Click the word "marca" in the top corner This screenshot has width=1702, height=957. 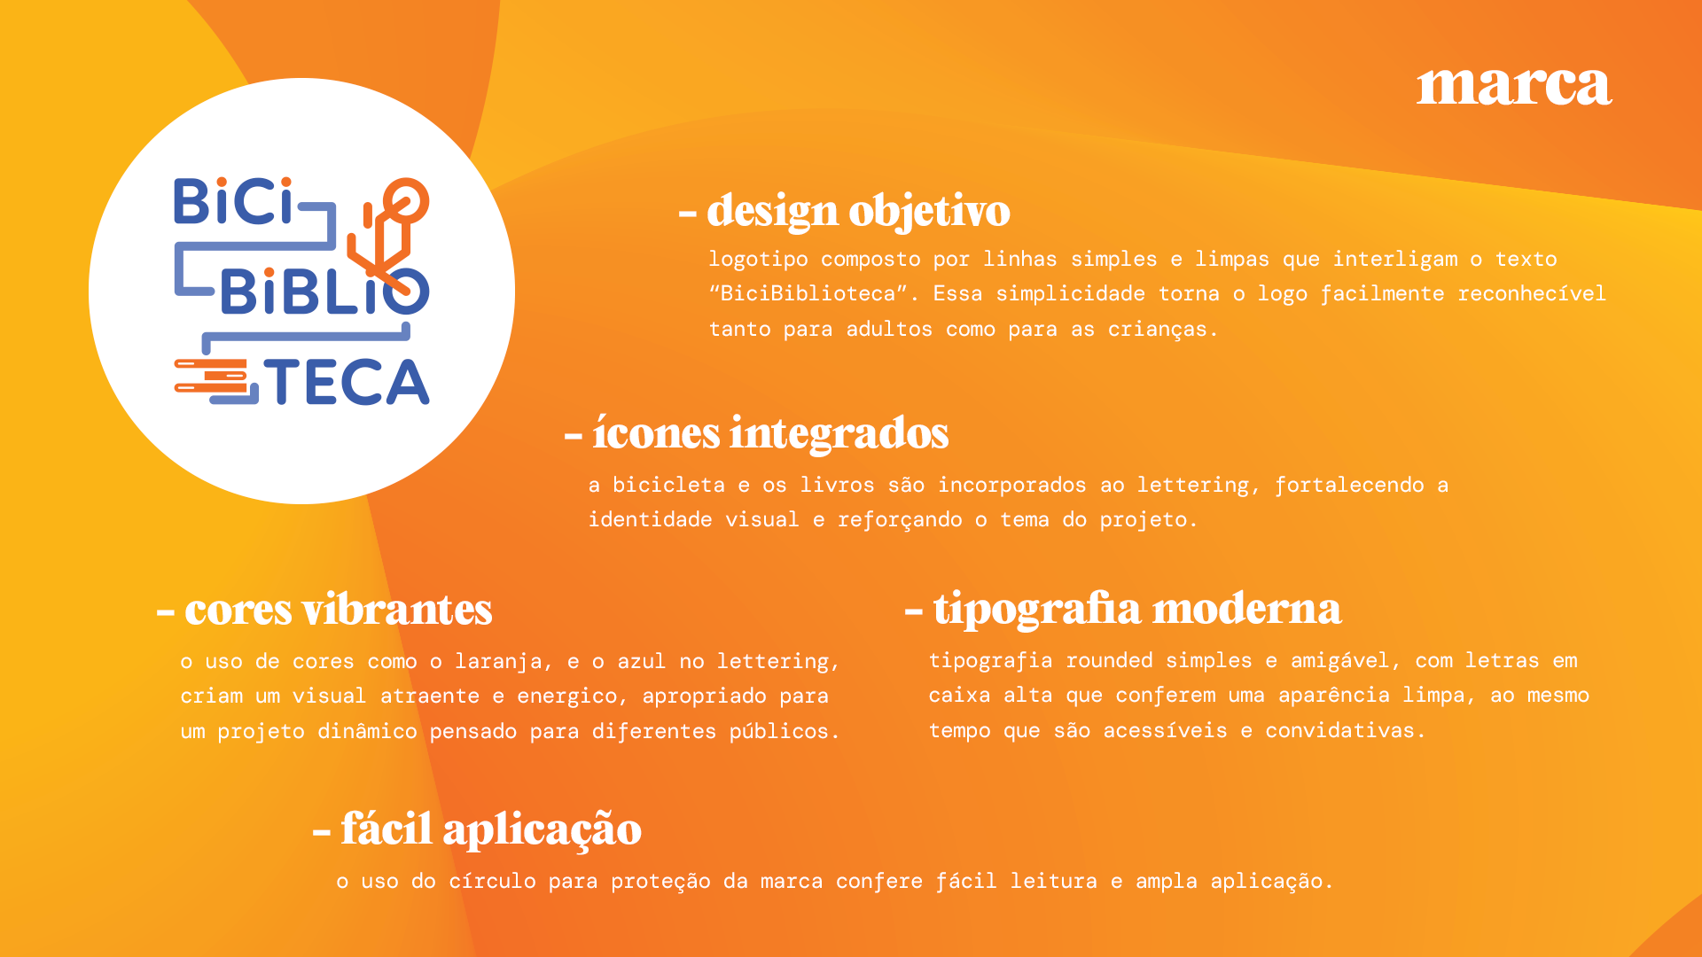(x=1514, y=86)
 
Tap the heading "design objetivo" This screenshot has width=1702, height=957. (x=858, y=212)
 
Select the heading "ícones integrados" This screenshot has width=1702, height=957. (x=769, y=433)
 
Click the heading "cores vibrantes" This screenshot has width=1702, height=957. (x=338, y=610)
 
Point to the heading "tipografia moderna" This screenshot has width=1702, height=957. (x=1137, y=610)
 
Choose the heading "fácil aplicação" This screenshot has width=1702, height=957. (x=491, y=830)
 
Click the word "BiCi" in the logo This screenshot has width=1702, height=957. (x=233, y=201)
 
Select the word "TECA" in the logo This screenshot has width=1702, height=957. (x=347, y=382)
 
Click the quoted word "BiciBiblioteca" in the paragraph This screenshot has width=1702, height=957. (x=808, y=293)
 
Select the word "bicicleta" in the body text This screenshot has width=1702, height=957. (x=668, y=485)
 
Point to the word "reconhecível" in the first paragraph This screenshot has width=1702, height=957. (x=1532, y=293)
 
